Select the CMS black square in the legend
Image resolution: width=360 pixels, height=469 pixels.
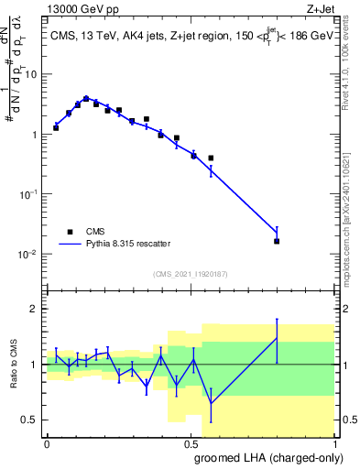70,232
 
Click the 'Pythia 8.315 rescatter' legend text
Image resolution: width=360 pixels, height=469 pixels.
127,245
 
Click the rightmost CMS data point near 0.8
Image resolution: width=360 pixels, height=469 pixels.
277,241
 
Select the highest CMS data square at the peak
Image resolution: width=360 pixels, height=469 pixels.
86,99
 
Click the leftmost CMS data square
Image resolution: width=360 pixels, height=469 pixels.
56,127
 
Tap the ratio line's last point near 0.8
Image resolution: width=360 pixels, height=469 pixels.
277,338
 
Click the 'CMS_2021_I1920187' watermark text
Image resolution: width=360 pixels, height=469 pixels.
190,273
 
